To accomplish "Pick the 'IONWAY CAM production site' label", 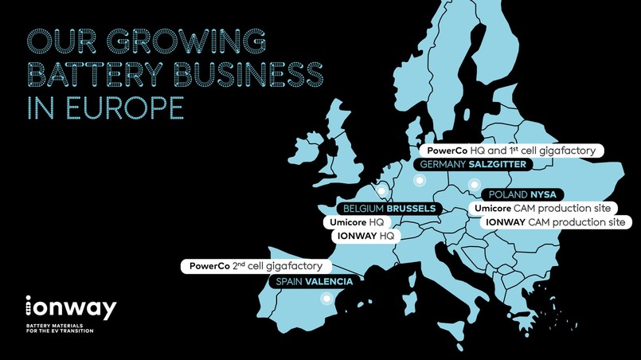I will pos(555,222).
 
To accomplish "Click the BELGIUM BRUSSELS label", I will pos(386,209).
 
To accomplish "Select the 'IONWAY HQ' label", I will pos(364,237).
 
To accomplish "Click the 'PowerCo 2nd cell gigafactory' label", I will pos(256,265).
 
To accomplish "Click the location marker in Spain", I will pos(325,299).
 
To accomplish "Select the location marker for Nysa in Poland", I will pos(464,192).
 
